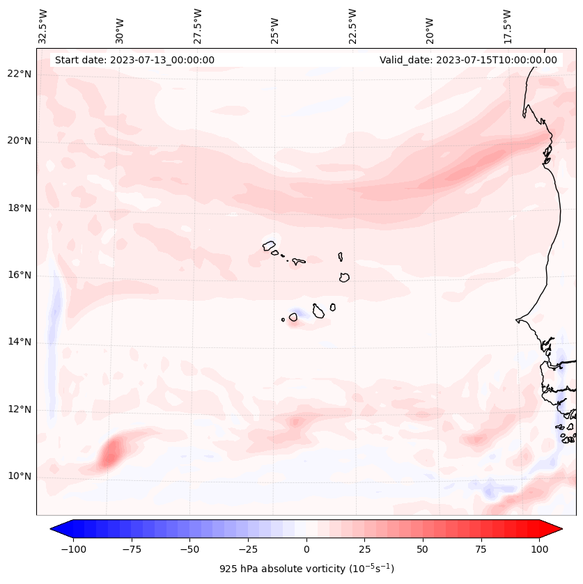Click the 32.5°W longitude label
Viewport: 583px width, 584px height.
(x=43, y=26)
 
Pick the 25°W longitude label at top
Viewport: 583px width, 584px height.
(x=276, y=26)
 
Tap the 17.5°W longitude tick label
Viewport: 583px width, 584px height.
(x=508, y=26)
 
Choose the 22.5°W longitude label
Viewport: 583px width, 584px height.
(x=353, y=26)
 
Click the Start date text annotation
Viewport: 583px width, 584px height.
(x=134, y=60)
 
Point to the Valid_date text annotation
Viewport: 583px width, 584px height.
(x=468, y=60)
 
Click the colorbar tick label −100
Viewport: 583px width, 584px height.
(x=73, y=549)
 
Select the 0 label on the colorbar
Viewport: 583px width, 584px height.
(x=306, y=549)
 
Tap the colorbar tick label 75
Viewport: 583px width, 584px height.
(x=481, y=549)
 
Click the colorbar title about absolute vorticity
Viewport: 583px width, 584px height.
(x=306, y=569)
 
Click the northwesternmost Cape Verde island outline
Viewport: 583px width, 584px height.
(x=269, y=245)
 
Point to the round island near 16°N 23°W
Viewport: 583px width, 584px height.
(x=344, y=277)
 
